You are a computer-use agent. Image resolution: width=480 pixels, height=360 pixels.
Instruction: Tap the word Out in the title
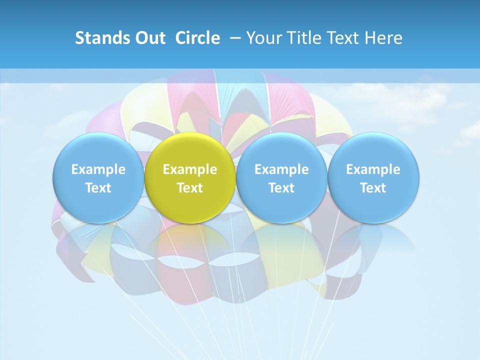[149, 38]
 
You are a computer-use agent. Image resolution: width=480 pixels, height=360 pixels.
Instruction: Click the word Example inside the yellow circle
[190, 169]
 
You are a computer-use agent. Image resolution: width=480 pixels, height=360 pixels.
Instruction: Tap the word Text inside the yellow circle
[190, 188]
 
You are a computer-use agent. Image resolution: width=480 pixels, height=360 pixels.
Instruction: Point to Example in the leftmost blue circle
[98, 169]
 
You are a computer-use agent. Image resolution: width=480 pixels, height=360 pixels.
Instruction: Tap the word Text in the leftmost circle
[98, 188]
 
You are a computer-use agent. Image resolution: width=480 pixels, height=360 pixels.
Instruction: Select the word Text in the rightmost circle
[373, 188]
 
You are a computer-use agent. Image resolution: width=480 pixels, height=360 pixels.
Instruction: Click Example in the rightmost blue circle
[373, 169]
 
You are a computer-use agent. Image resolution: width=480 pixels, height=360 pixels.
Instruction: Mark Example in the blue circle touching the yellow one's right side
[281, 169]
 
